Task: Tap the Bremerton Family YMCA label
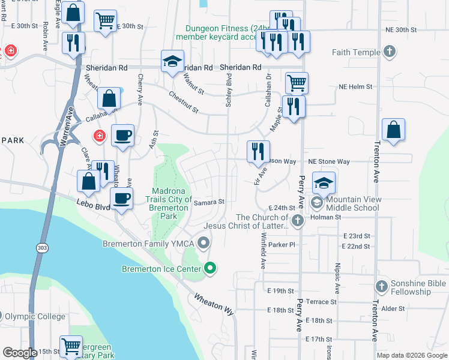[x=150, y=244]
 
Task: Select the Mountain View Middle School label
[x=353, y=203]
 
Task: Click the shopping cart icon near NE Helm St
[x=297, y=82]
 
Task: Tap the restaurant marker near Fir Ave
[x=259, y=151]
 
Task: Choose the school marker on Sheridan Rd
[x=172, y=62]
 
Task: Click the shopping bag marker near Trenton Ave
[x=393, y=130]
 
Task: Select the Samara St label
[x=209, y=203]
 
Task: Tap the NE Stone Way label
[x=329, y=162]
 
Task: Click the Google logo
[x=20, y=353]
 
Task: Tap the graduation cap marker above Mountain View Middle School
[x=324, y=182]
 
